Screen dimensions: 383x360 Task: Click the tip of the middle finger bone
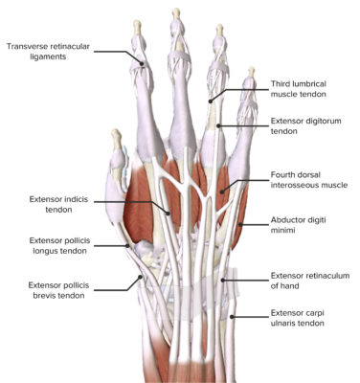point(176,12)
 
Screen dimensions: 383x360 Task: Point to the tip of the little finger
point(252,71)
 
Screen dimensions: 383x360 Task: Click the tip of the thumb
point(115,133)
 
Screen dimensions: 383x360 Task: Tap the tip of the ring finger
point(219,30)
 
